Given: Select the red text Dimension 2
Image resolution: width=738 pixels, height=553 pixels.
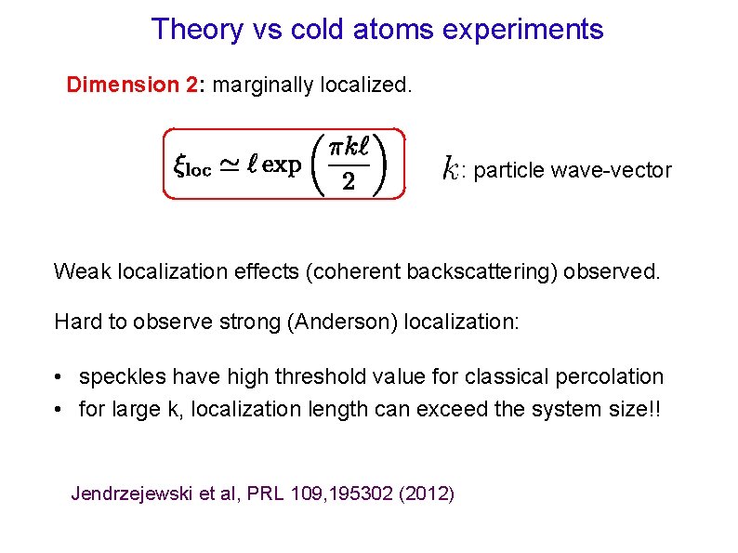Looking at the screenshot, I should coord(131,86).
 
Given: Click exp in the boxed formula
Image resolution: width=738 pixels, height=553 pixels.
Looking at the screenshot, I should coord(282,166).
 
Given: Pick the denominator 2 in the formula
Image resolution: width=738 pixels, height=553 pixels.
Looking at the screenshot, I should coord(348,182).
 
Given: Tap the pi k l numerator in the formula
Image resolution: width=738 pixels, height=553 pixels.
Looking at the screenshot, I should coord(349,148).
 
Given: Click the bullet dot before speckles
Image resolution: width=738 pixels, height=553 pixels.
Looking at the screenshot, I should coord(59,377).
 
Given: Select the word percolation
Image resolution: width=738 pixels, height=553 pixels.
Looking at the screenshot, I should coord(616,377).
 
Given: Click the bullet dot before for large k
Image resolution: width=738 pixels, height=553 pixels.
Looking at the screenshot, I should coord(59,409).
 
